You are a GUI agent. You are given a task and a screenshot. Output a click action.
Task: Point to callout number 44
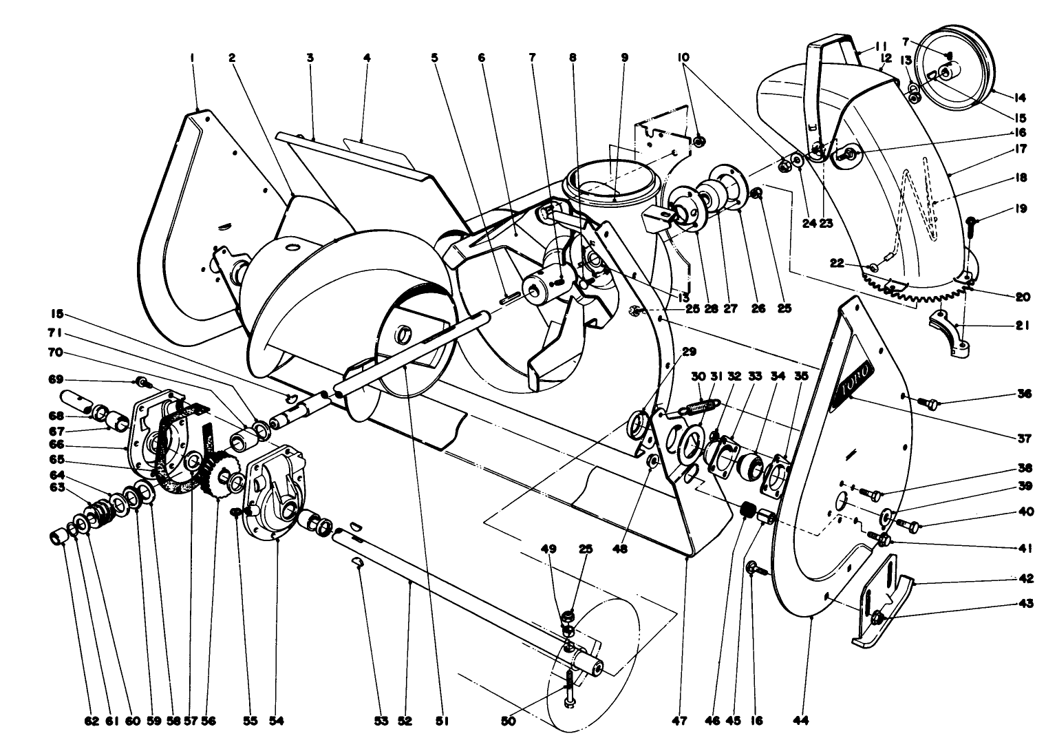[x=801, y=721]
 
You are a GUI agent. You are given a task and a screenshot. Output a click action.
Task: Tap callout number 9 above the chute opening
[x=625, y=59]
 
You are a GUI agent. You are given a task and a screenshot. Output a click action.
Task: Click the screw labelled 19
[x=972, y=224]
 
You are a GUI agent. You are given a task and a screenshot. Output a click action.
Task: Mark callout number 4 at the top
[x=367, y=59]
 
